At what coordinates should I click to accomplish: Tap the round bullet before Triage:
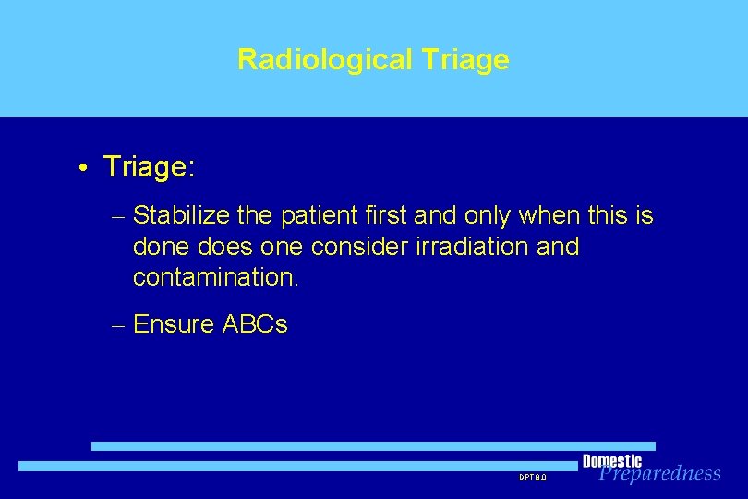click(83, 168)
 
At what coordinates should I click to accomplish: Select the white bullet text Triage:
click(149, 167)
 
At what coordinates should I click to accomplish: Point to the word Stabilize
click(182, 216)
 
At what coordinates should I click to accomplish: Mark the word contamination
click(216, 278)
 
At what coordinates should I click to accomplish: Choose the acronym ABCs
click(255, 324)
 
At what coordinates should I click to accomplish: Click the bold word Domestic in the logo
click(611, 461)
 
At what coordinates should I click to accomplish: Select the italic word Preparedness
click(659, 474)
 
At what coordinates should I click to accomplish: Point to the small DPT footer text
click(533, 477)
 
